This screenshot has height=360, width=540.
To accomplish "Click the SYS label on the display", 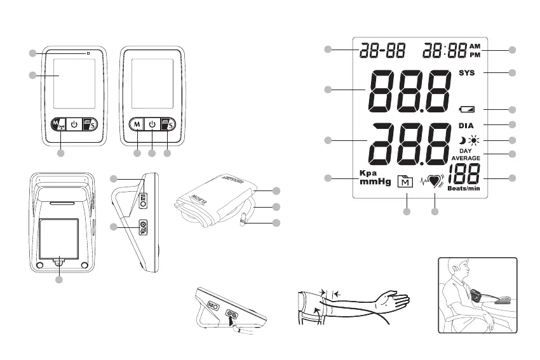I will point(466,73).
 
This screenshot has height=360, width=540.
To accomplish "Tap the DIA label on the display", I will point(466,125).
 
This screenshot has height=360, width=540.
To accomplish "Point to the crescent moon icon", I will point(462,140).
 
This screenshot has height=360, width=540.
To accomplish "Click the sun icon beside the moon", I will point(473,140).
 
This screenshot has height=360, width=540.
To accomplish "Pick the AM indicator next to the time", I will point(475,46).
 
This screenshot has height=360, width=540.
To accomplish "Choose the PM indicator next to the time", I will point(475,55).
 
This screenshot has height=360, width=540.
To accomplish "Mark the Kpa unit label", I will point(368,173).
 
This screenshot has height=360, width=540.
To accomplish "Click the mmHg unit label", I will point(374,182).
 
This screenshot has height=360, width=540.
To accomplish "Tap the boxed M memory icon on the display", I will point(405,182).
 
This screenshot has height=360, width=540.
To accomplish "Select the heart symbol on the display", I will point(435,181).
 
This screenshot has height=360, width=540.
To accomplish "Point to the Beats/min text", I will point(462,189).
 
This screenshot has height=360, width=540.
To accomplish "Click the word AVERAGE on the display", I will point(466,158).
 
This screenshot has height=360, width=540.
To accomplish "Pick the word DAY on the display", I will point(466,151).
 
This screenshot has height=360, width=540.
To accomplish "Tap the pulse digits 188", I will point(463,173).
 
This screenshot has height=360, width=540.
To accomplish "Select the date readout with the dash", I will point(381,50).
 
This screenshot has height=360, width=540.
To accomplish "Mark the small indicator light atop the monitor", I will point(88,52).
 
